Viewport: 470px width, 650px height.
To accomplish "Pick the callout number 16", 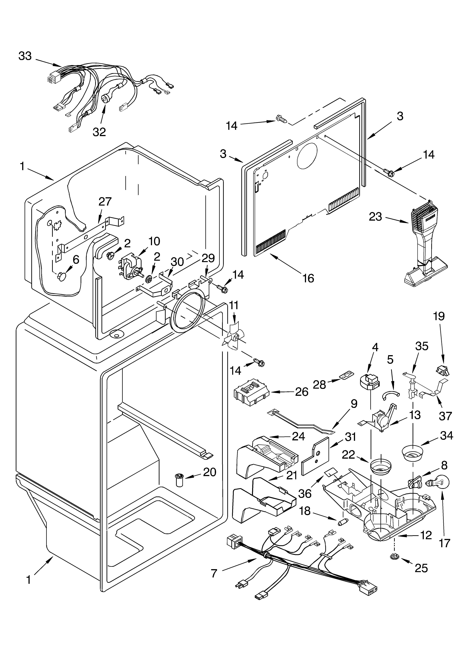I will (308, 278).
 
